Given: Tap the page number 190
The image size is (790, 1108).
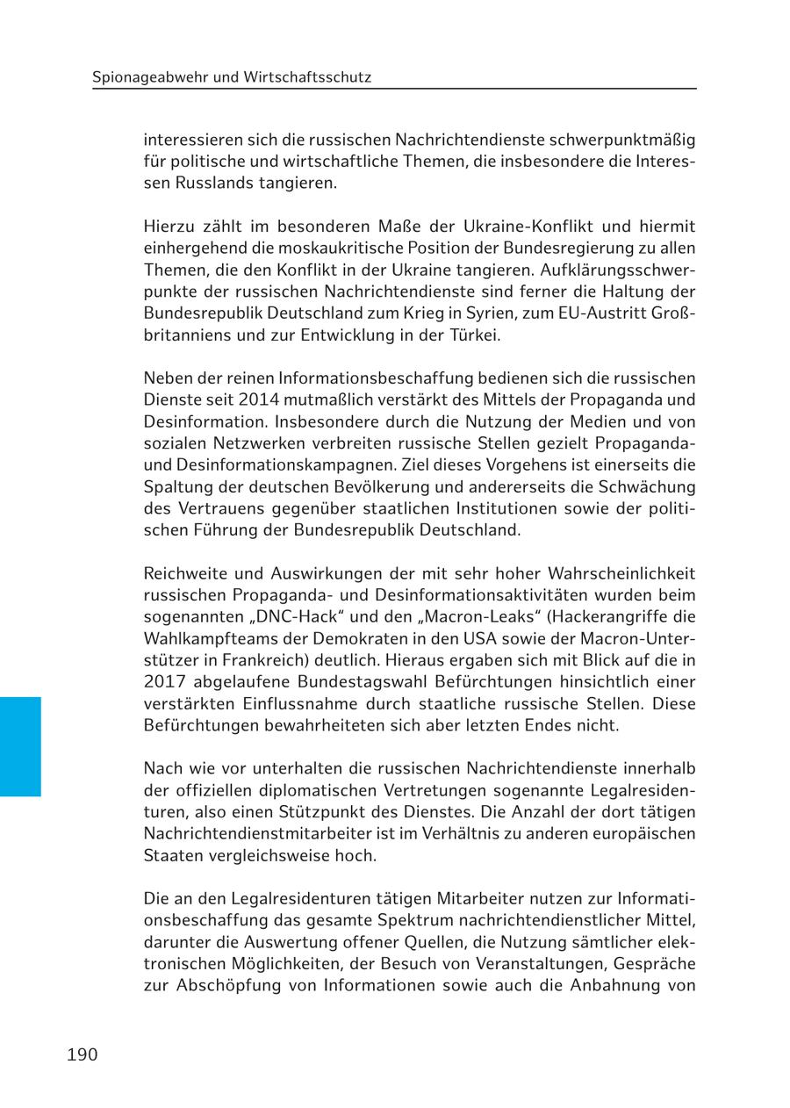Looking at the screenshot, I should (82, 1054).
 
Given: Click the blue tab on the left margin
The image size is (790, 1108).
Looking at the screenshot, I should (20, 746).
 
